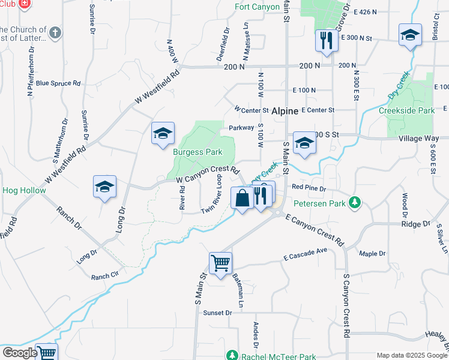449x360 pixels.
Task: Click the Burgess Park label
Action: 197,152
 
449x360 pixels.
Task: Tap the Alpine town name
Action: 285,112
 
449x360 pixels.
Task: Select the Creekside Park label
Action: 406,111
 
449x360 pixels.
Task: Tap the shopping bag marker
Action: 241,198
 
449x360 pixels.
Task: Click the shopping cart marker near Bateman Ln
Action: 220,263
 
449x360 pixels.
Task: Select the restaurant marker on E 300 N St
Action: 325,41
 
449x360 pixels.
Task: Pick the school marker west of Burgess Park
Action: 162,134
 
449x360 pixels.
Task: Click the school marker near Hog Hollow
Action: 104,187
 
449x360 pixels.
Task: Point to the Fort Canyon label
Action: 257,7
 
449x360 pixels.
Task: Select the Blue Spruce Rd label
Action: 58,83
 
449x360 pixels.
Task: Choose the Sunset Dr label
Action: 217,313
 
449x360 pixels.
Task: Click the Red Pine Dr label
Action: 309,188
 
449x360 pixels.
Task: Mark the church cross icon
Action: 55,32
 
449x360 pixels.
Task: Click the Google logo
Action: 19,353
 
